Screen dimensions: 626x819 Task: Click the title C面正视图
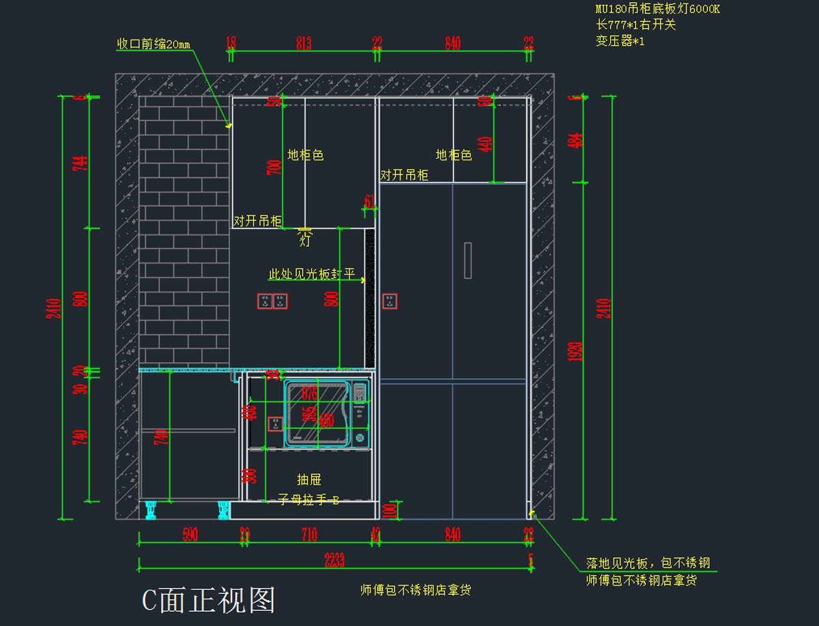(209, 599)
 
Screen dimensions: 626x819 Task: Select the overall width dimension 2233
(334, 561)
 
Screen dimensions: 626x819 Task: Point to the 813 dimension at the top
(304, 44)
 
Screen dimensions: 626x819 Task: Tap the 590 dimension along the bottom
(190, 535)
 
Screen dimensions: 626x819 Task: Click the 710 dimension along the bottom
(309, 535)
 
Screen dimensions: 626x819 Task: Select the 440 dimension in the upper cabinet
(485, 145)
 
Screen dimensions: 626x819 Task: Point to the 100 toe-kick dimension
(391, 510)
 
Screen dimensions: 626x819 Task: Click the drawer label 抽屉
(309, 479)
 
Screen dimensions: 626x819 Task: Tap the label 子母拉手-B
(309, 500)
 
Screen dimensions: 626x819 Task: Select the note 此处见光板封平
(312, 274)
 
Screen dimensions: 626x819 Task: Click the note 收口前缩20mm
(154, 44)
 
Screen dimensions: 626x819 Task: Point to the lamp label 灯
(304, 240)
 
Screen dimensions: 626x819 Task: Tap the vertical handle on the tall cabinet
(468, 260)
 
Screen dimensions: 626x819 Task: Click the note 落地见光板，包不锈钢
(648, 563)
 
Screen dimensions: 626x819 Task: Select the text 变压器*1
(620, 41)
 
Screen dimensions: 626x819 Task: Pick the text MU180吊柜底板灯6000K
(657, 10)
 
